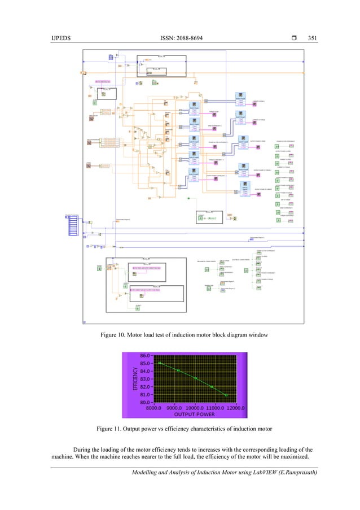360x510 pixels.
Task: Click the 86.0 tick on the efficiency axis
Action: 144,356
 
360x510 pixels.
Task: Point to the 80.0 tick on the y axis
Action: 144,402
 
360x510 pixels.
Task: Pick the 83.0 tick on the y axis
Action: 144,379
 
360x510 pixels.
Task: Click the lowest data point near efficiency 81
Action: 226,395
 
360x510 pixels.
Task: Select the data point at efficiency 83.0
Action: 195,378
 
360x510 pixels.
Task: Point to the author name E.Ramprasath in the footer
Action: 288,473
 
